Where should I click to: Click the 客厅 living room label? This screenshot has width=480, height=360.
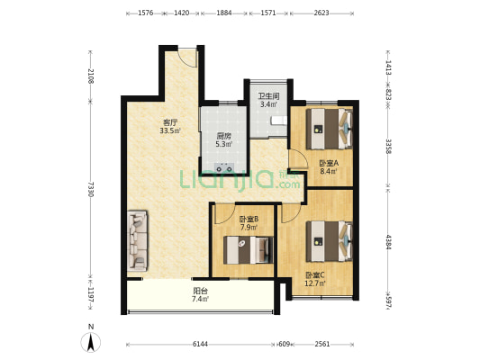(170, 122)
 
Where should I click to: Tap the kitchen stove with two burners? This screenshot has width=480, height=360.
(224, 167)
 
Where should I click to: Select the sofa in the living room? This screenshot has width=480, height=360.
(138, 240)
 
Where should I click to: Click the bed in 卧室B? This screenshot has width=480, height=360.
(248, 250)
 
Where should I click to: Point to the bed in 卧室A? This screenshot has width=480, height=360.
(330, 129)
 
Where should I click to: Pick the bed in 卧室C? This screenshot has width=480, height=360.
(330, 241)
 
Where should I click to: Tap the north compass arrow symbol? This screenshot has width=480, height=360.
(91, 342)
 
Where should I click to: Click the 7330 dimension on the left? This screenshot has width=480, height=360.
(91, 189)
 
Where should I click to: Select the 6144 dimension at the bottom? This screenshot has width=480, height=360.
(200, 344)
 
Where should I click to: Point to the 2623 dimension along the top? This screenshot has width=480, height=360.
(322, 13)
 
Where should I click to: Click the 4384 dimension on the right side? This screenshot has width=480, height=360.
(388, 242)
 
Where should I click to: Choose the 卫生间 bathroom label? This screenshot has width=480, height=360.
(268, 96)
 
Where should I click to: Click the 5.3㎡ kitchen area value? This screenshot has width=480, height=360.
(223, 144)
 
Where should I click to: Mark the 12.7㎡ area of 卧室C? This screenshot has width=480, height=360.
(315, 283)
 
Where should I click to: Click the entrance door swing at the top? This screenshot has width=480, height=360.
(187, 58)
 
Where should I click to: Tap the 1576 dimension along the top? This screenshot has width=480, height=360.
(146, 13)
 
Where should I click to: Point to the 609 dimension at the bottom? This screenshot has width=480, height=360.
(284, 344)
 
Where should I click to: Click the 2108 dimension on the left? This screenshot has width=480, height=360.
(91, 76)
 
